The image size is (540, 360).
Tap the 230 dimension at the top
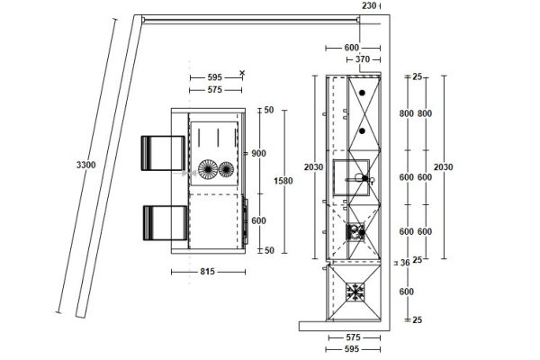(x=369, y=5)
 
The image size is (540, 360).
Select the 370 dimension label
(x=363, y=59)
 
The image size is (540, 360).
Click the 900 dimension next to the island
(x=258, y=153)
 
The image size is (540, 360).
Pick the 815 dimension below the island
(x=208, y=270)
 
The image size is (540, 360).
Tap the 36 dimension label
(x=405, y=263)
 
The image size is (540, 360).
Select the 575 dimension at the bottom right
(x=352, y=337)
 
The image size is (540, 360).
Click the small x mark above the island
(x=243, y=73)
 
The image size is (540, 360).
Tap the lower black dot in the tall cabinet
(x=362, y=130)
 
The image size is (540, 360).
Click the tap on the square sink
(x=366, y=180)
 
